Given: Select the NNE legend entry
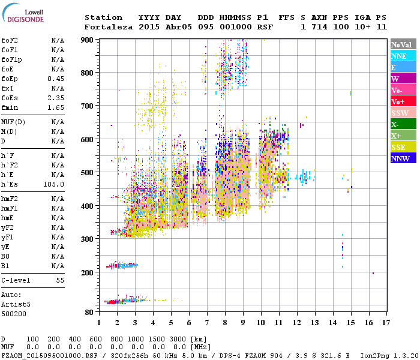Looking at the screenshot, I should [x=403, y=56].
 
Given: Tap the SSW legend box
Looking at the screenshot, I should [x=403, y=113].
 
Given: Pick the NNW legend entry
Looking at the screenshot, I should [x=403, y=158].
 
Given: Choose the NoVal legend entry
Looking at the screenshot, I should [x=403, y=44].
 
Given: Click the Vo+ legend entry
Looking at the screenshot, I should [x=403, y=101].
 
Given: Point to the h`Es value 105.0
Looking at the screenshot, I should [x=53, y=184].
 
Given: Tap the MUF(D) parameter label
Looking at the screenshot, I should [x=13, y=122].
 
